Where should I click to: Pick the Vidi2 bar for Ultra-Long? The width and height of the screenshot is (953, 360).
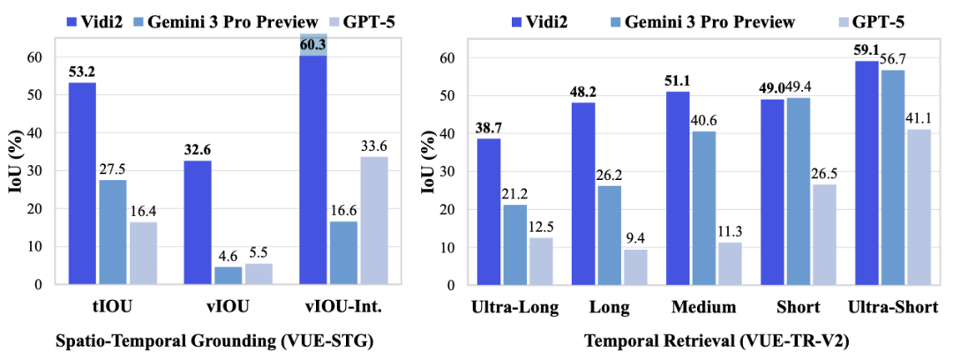(x=487, y=211)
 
